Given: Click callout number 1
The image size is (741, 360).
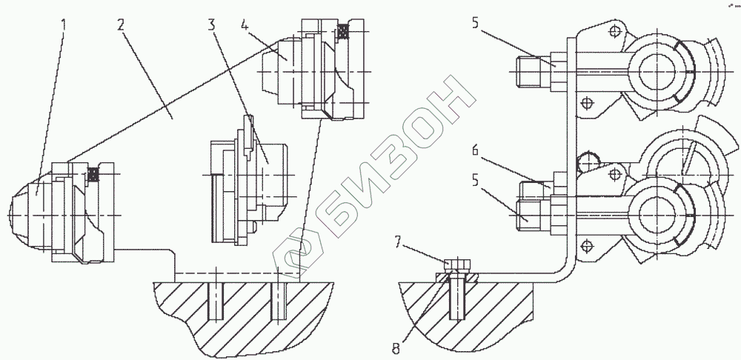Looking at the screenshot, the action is point(64,24).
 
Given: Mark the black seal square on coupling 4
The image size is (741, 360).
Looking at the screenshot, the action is point(342,32).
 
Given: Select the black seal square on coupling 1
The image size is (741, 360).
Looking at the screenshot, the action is point(93,173).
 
